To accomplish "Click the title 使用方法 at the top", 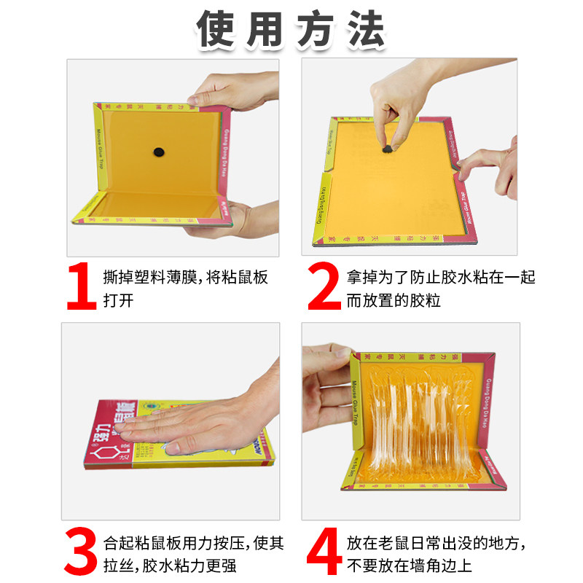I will coord(291,30).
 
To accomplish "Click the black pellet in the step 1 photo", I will coord(158,152).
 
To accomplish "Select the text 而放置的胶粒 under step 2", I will coord(394,300).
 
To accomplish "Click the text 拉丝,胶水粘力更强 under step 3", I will coord(169,566).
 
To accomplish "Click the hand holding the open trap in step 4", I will coord(324,401).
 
